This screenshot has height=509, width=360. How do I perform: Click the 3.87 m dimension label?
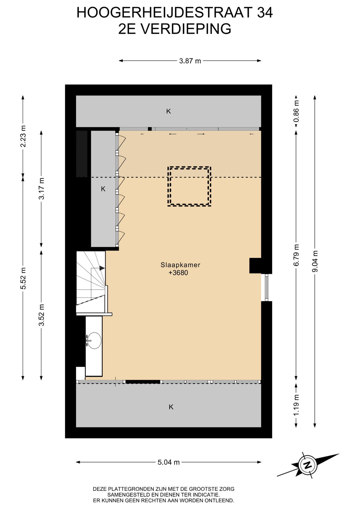[190, 61]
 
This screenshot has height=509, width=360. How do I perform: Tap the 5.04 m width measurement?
[169, 462]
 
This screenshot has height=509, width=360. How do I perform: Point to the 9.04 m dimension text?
[315, 261]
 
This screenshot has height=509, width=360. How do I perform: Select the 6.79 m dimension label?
[296, 255]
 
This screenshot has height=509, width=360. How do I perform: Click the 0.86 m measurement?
[296, 111]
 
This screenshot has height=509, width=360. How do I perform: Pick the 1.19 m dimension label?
[296, 405]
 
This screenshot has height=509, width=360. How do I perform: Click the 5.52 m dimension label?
[23, 278]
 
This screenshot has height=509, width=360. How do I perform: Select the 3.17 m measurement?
[41, 188]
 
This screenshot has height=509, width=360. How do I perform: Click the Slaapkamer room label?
[180, 265]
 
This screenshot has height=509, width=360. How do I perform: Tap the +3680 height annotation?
[178, 273]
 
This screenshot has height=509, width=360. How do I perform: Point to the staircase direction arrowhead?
[102, 268]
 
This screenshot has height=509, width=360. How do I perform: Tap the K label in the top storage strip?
[169, 111]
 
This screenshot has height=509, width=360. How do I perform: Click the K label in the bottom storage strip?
[171, 407]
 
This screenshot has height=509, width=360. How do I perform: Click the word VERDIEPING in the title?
[186, 29]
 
